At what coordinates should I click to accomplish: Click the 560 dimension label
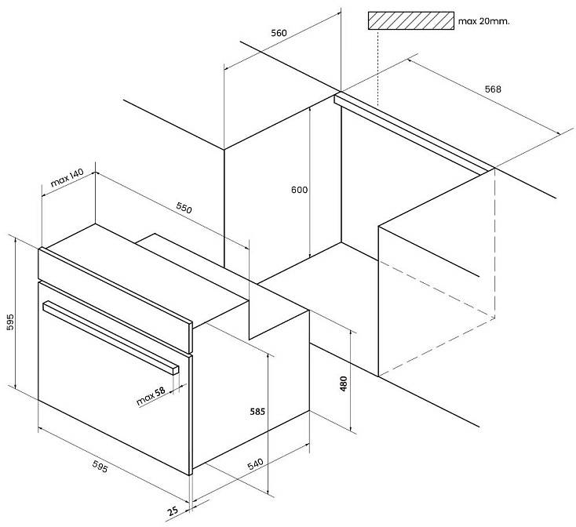279,33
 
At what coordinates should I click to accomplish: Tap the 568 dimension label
493,89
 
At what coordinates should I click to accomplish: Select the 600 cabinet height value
300,190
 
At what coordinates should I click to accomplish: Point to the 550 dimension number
184,208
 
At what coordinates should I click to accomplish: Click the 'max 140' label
67,177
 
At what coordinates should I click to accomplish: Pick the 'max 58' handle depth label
151,396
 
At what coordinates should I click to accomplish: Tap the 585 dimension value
257,412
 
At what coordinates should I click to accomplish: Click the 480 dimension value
344,383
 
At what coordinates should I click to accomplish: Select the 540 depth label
256,464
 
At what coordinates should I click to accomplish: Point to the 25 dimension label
173,511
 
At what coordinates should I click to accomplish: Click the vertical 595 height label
10,322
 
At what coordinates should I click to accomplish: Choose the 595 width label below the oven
100,467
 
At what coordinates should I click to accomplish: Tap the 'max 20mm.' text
484,21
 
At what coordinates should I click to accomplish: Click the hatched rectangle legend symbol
411,20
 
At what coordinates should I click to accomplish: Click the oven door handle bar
111,338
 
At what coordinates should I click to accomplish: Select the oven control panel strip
115,300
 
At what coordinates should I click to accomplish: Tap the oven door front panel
115,378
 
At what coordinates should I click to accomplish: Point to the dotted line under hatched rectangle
377,68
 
